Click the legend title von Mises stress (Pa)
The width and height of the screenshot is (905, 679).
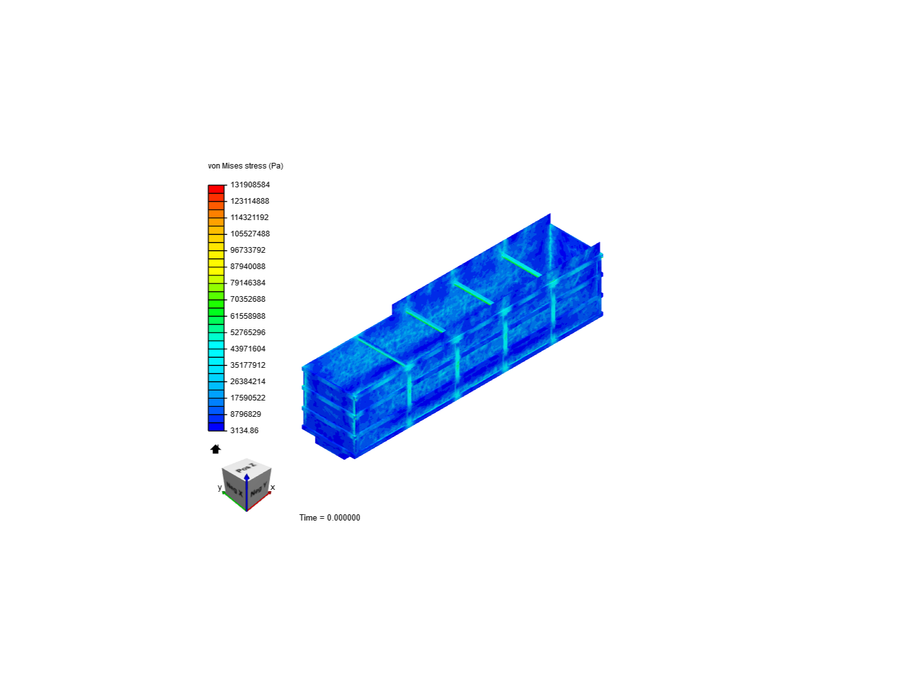(245, 166)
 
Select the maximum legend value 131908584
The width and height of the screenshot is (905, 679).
(250, 185)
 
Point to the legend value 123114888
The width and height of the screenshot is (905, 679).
(250, 201)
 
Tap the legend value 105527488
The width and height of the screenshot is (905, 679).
(250, 234)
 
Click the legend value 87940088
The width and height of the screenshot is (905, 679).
(248, 267)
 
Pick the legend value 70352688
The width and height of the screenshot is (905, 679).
(248, 299)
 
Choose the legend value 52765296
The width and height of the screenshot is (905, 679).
(248, 333)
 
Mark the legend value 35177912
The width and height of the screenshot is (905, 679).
(248, 365)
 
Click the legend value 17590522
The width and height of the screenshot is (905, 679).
(248, 398)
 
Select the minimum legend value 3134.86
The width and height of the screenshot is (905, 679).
(244, 431)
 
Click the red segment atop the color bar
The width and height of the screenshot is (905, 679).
(216, 189)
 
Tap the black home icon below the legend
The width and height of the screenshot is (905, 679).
(216, 449)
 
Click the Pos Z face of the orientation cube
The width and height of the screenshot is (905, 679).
(246, 468)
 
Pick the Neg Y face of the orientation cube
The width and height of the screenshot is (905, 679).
(258, 489)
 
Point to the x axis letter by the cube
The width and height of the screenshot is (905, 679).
(273, 487)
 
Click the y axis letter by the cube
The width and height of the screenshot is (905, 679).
(219, 487)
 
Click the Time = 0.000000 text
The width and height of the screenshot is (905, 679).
(329, 518)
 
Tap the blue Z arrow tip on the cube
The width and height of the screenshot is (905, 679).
(247, 477)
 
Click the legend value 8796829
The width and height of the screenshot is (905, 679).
(245, 414)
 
